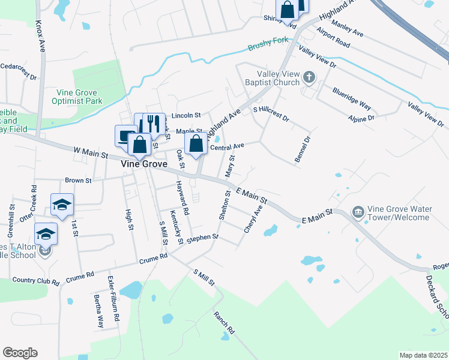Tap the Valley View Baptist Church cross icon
click(x=309, y=77)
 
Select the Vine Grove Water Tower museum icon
click(x=358, y=212)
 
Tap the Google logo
click(x=20, y=352)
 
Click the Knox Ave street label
click(x=40, y=35)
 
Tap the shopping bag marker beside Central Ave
click(x=196, y=143)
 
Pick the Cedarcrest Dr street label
click(x=19, y=71)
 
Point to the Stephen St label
click(x=202, y=238)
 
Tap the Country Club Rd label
click(x=36, y=281)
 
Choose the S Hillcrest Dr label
click(x=271, y=114)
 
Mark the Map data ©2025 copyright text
click(x=423, y=355)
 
